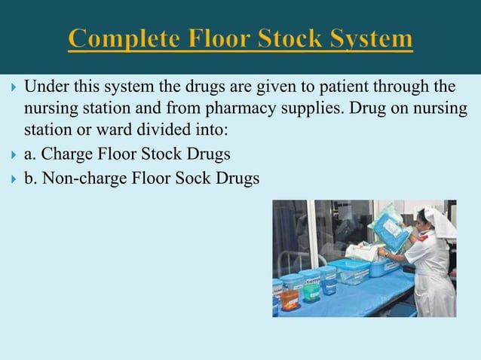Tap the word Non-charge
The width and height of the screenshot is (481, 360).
[x=76, y=180]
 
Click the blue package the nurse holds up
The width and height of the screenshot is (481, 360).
[x=391, y=227]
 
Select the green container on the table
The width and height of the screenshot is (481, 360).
[x=311, y=291]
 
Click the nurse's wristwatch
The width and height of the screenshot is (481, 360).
[x=388, y=255]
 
